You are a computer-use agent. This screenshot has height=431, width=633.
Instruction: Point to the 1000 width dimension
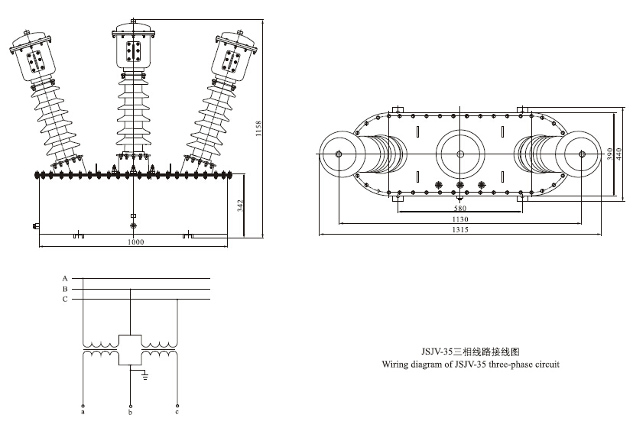pos(135,242)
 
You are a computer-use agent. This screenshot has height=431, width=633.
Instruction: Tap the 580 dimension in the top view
pos(459,207)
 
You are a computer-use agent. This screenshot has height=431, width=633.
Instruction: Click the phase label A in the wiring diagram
pos(66,278)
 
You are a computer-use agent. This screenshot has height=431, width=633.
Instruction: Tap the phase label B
pos(66,289)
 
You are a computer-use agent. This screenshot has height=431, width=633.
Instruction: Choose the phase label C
pos(66,300)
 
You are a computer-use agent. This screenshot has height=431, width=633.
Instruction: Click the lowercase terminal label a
pos(83,413)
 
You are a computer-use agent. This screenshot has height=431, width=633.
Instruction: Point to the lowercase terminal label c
pos(177,413)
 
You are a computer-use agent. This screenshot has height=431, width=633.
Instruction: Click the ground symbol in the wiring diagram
pos(143,376)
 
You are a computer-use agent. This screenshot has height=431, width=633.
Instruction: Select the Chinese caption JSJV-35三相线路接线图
pos(471,353)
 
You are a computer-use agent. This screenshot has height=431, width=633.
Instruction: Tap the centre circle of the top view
pos(460,154)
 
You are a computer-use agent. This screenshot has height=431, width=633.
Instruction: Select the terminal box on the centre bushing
pos(134,51)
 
